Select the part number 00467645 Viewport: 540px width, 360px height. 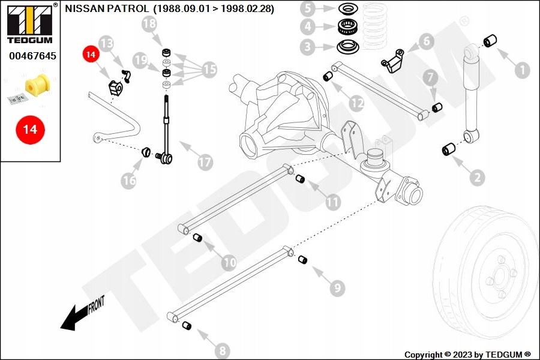tap(32, 56)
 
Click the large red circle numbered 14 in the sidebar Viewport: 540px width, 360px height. tap(30, 129)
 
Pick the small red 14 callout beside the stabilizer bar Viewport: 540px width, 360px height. tap(91, 55)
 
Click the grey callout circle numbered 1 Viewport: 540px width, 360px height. tap(523, 70)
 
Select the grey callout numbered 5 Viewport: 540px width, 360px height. tap(308, 9)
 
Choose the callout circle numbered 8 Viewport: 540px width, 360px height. tap(222, 351)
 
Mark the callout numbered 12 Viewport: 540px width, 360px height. tap(357, 103)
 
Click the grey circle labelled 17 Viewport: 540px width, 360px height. tap(205, 162)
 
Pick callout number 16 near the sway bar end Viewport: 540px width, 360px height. tap(128, 181)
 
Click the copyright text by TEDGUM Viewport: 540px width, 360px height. tap(467, 355)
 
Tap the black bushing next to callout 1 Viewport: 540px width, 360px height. tap(490, 41)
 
